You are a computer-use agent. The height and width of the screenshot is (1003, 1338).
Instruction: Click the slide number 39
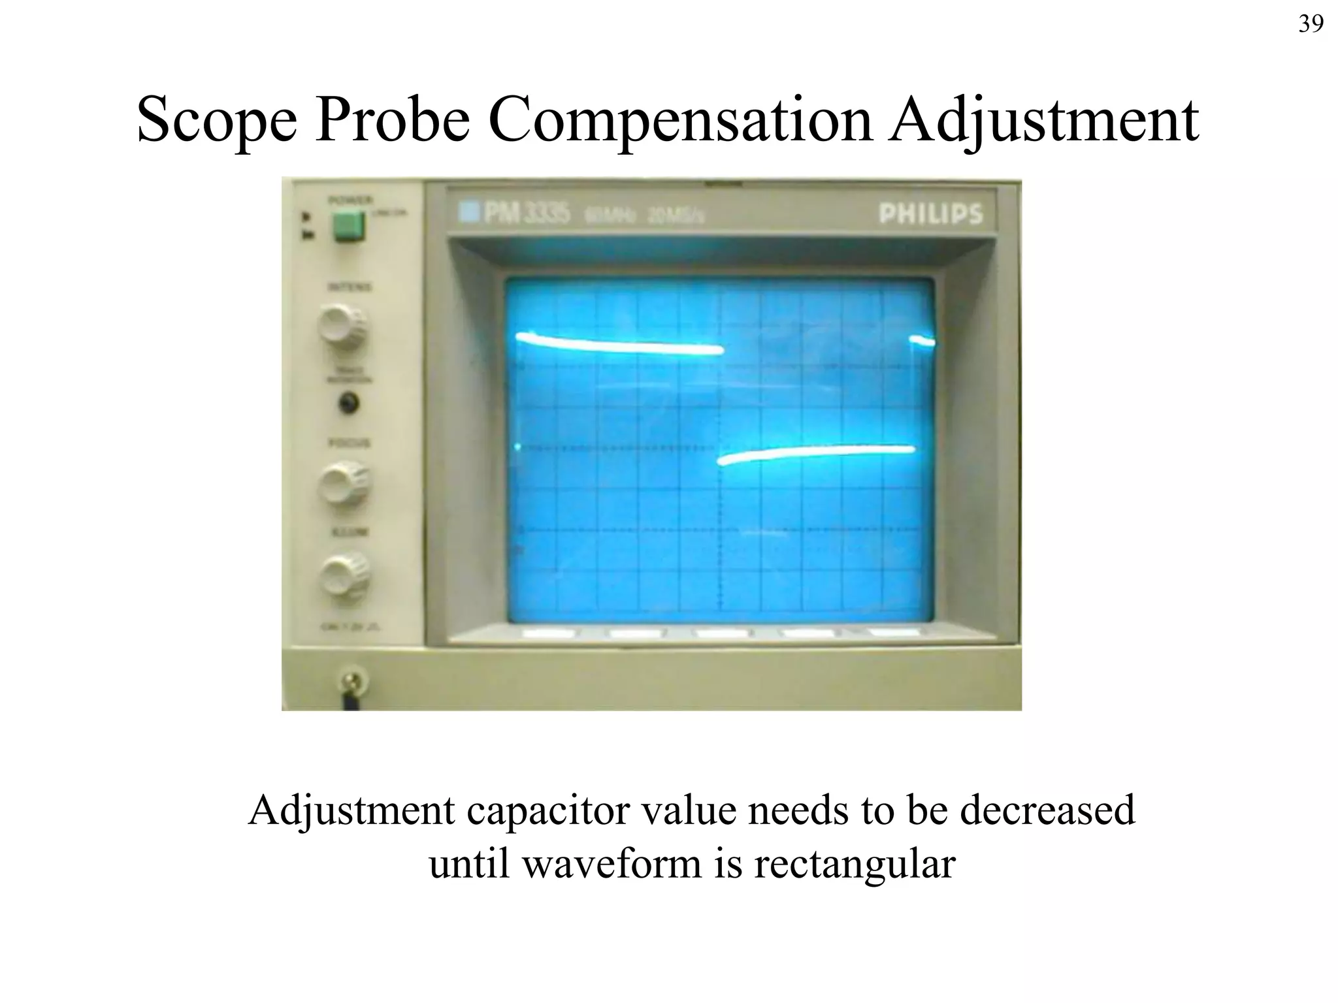[x=1311, y=24]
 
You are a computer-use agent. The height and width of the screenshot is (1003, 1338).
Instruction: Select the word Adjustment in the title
[x=1043, y=120]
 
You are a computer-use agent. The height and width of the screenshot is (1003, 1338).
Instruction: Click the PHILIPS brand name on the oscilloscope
[x=930, y=214]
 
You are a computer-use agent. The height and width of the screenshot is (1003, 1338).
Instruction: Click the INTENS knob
[x=342, y=327]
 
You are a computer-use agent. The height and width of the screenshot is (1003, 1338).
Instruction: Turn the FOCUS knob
[x=342, y=484]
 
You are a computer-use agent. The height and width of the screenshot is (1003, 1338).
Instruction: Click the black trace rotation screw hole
[x=349, y=403]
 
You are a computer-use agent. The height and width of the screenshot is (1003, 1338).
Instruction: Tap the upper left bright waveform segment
[x=619, y=344]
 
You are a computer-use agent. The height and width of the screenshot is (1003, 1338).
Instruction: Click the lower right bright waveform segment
[x=817, y=453]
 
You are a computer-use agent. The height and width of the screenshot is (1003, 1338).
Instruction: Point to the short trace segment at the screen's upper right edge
[x=922, y=340]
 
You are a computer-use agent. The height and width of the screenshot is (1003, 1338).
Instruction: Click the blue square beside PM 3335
[x=468, y=212]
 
